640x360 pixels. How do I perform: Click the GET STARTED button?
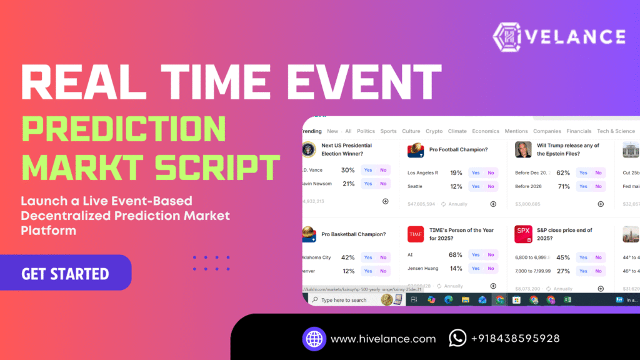(x=65, y=274)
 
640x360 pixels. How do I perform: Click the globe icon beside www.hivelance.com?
(x=314, y=338)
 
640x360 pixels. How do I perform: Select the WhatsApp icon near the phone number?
(x=457, y=338)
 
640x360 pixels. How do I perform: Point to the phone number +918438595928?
(x=515, y=339)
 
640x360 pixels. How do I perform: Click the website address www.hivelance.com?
(x=382, y=339)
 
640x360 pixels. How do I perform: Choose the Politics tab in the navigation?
(x=366, y=131)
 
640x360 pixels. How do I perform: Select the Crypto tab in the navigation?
(x=434, y=131)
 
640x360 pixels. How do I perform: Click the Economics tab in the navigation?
(x=486, y=131)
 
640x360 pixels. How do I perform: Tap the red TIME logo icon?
(x=416, y=234)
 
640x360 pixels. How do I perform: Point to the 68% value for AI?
(x=456, y=255)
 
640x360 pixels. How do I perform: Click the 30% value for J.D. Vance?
(x=348, y=170)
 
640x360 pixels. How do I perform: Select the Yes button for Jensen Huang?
(x=476, y=269)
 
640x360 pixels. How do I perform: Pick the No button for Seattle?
(x=491, y=186)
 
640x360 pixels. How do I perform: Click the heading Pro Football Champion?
(x=458, y=150)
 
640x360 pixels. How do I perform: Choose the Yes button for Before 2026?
(x=583, y=186)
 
